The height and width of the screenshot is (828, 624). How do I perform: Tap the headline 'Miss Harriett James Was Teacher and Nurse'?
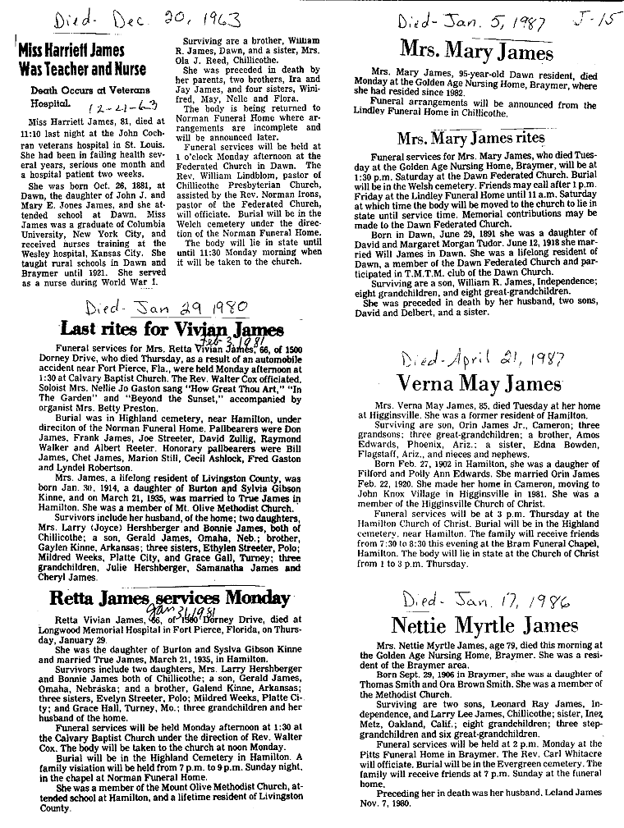[x=82, y=60]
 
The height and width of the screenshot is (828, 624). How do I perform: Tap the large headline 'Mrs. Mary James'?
[x=476, y=51]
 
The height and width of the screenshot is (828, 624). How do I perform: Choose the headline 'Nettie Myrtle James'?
[x=486, y=626]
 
